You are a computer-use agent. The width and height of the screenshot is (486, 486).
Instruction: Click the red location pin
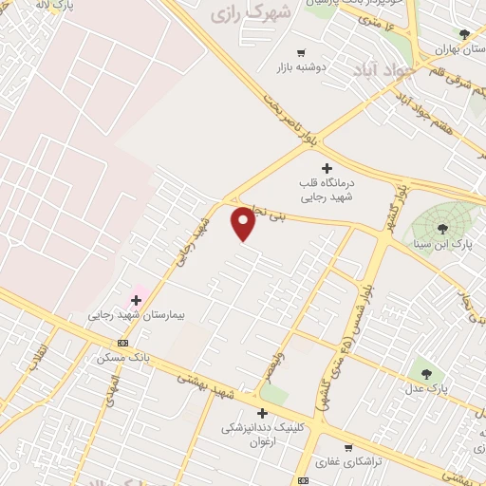pyautogui.click(x=244, y=224)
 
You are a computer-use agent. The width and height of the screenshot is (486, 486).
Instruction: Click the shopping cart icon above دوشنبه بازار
pyautogui.click(x=301, y=53)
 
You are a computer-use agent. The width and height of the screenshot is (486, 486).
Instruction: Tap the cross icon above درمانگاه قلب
pyautogui.click(x=327, y=168)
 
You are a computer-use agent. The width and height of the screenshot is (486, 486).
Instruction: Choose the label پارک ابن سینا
pyautogui.click(x=442, y=245)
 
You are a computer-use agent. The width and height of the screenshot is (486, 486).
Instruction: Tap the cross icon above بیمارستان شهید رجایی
pyautogui.click(x=136, y=300)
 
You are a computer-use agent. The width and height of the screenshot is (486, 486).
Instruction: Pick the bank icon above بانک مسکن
pyautogui.click(x=121, y=343)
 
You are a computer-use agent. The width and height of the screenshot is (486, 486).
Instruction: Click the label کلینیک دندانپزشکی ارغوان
pyautogui.click(x=263, y=435)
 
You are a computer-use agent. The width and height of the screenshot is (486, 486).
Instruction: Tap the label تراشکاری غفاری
pyautogui.click(x=349, y=460)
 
